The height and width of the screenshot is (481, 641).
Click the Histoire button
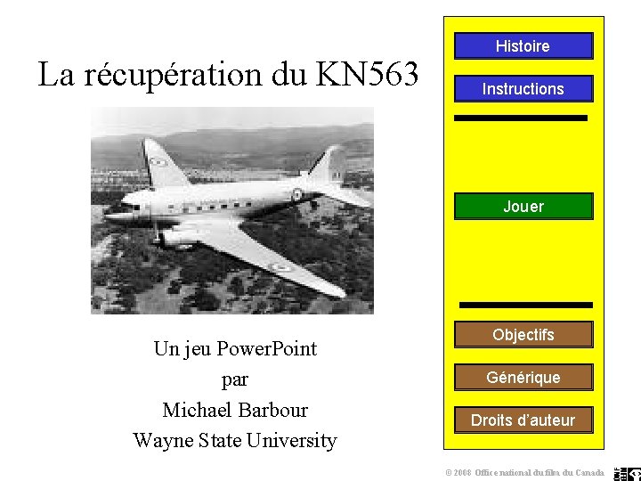(x=523, y=46)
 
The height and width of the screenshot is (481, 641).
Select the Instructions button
(x=523, y=89)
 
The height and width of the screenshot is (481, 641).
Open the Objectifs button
(x=523, y=335)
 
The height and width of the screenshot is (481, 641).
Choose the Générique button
(x=523, y=378)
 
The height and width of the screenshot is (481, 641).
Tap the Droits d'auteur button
(x=523, y=420)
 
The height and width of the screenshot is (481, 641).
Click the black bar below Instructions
(x=521, y=118)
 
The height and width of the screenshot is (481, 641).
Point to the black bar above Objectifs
(x=523, y=305)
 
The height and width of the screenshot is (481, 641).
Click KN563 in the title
(x=367, y=75)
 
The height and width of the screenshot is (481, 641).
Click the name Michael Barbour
(x=235, y=410)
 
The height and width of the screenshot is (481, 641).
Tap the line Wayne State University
(x=235, y=440)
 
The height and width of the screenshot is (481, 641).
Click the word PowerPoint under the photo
(x=267, y=349)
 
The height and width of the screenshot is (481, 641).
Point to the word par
(x=235, y=379)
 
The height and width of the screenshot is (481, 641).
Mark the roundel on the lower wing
(x=280, y=266)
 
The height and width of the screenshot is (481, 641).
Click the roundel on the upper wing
(x=159, y=161)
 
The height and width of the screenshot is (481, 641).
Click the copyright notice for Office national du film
(x=525, y=472)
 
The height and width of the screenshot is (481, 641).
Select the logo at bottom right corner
(x=627, y=473)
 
